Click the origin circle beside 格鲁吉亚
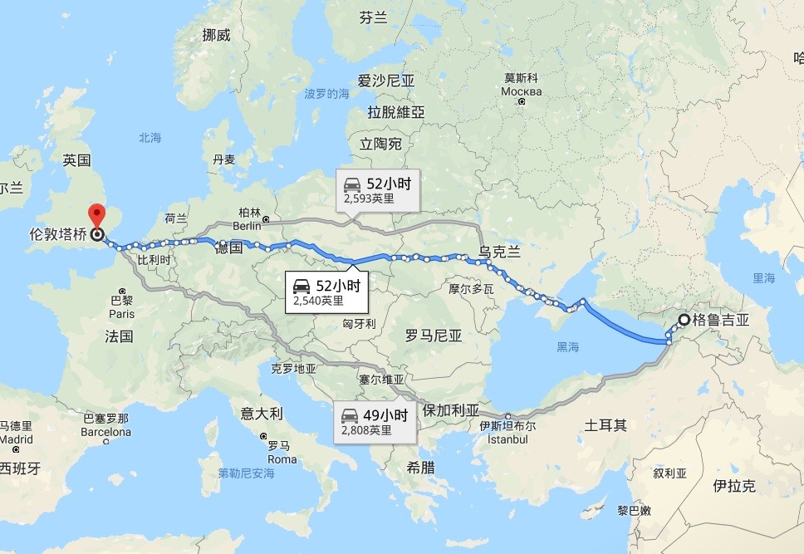point(684,320)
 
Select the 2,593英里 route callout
point(377,191)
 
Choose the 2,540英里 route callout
point(327,292)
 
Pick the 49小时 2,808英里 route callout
point(375,423)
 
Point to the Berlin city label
point(248,225)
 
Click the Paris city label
point(121,315)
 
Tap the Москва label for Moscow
point(522,91)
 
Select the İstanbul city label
point(507,439)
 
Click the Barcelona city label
point(106,432)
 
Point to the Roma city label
point(282,459)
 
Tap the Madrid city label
point(16,439)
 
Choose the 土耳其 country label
point(605,425)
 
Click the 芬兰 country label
point(374,17)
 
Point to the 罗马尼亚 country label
point(434,336)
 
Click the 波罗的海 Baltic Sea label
point(326,94)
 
